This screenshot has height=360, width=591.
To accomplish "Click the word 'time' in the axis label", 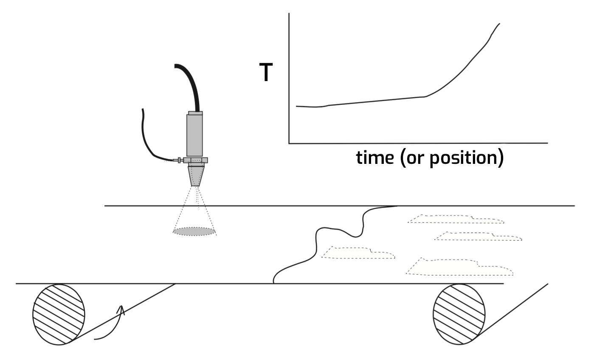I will point(374,157).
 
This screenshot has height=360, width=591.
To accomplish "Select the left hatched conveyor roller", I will point(59,314).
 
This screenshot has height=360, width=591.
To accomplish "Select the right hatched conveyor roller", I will point(459,314).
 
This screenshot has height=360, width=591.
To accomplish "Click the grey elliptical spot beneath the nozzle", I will point(194,231).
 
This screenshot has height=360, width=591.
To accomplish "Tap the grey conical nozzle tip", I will point(196,176).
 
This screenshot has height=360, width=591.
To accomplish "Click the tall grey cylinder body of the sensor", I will point(194,135).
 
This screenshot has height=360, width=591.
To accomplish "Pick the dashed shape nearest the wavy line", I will point(359,253).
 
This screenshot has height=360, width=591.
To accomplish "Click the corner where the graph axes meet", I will point(289,143).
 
